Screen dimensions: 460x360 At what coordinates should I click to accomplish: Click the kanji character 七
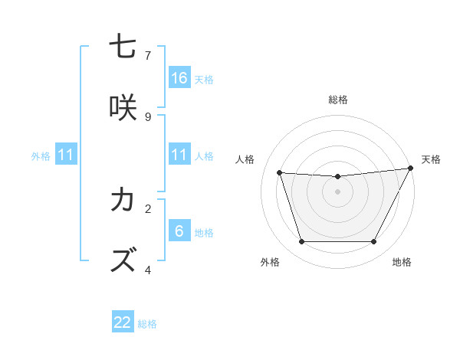point(123,47)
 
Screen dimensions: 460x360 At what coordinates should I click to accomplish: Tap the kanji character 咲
point(123,108)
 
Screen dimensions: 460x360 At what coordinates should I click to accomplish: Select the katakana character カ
point(123,200)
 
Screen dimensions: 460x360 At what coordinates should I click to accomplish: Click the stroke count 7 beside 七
point(148,55)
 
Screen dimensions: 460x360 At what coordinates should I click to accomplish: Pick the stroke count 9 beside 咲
point(148,116)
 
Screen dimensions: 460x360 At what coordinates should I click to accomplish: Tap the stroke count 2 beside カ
point(148,208)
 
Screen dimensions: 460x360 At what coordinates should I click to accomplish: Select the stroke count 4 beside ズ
point(148,269)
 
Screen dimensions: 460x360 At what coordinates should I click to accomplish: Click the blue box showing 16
point(179,77)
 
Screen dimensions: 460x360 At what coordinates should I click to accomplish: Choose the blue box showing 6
point(179,231)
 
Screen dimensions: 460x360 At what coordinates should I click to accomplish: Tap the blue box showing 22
point(123,322)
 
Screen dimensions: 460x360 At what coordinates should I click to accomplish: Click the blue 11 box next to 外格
point(66,155)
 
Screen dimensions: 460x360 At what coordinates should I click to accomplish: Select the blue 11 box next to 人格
point(179,155)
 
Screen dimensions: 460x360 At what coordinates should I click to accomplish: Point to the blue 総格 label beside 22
point(147,324)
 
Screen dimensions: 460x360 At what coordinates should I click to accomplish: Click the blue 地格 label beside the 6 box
point(204,232)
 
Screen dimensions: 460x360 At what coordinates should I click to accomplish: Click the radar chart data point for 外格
point(301,242)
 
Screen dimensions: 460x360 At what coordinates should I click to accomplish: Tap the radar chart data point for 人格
point(279,173)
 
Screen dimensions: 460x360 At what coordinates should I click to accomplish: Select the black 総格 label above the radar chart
point(338,100)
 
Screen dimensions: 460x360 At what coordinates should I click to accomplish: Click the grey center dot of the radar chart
point(338,191)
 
